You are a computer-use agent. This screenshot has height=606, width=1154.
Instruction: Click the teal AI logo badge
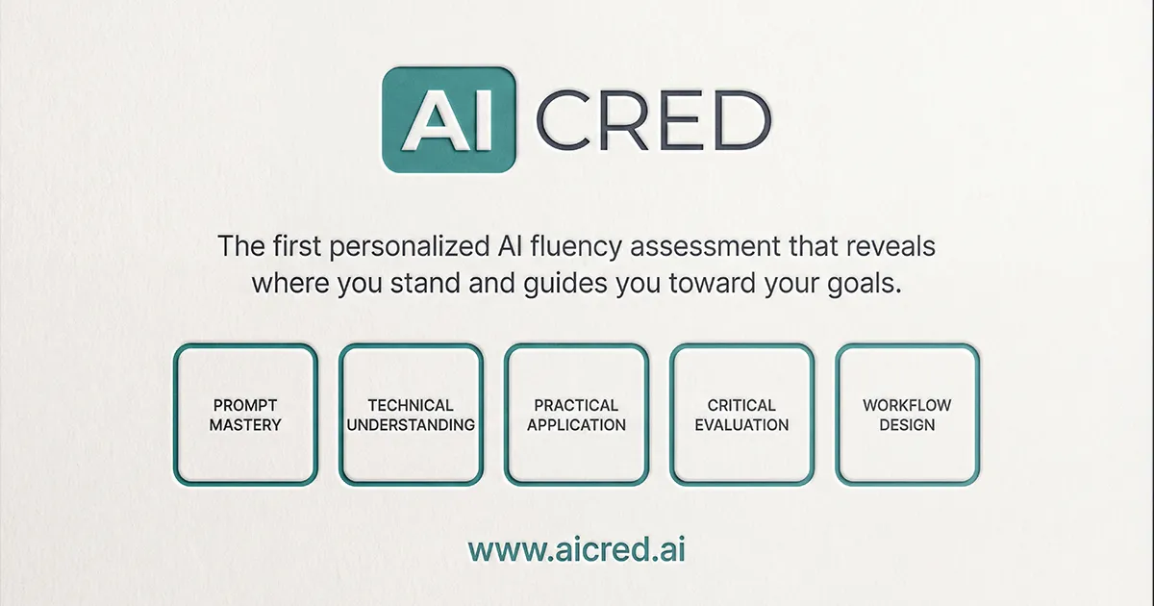click(449, 120)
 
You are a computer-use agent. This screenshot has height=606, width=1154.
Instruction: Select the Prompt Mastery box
click(245, 415)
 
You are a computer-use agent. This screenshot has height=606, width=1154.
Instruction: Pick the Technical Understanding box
click(411, 415)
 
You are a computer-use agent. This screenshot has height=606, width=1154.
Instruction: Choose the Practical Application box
click(576, 415)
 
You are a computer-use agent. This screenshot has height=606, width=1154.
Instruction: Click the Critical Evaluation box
click(741, 415)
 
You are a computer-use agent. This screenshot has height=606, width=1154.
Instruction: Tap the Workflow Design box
click(907, 415)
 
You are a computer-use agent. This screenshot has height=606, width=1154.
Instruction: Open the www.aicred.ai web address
click(577, 549)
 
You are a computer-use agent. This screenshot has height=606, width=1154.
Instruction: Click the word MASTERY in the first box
click(245, 424)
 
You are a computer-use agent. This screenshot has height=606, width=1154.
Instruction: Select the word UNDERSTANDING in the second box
click(411, 424)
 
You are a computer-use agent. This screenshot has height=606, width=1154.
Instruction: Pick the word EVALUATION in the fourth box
click(741, 424)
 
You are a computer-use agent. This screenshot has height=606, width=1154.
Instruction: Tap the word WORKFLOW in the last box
click(907, 405)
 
